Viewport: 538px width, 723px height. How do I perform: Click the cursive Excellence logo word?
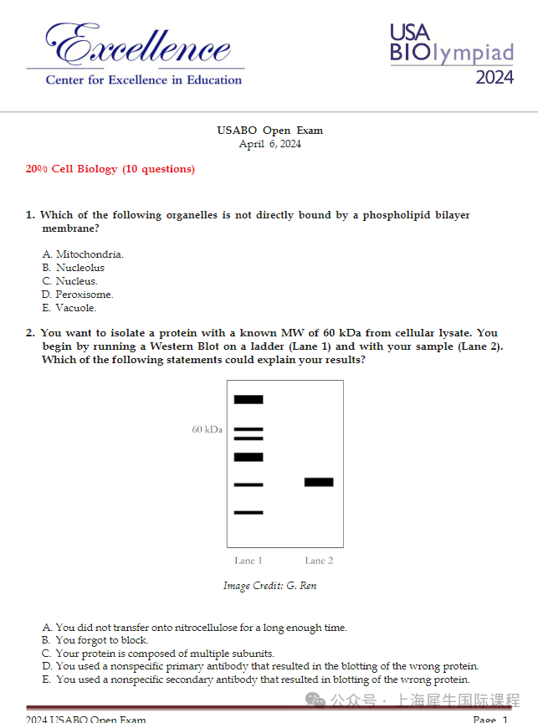[x=138, y=44]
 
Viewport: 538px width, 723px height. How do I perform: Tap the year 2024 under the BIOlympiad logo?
[x=494, y=78]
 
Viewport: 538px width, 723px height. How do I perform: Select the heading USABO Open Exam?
[x=269, y=131]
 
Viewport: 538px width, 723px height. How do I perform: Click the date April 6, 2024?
[x=269, y=144]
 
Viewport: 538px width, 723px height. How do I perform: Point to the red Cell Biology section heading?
[x=110, y=169]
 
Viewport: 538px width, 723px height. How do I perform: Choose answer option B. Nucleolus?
[x=74, y=268]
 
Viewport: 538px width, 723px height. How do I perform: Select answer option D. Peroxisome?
[x=78, y=295]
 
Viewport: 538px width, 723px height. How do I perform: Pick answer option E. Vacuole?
[x=69, y=308]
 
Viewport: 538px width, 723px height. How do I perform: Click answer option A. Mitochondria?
[x=83, y=254]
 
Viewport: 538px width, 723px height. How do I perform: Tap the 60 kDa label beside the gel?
[x=207, y=429]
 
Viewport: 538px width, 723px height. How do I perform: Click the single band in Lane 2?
[x=319, y=482]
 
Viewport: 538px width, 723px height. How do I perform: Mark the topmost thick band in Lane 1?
[x=249, y=399]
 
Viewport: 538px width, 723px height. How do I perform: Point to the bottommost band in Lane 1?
[x=249, y=512]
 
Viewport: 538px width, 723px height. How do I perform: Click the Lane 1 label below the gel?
[x=248, y=561]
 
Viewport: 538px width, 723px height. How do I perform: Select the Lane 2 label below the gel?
[x=319, y=561]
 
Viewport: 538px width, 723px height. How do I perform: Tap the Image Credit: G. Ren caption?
[x=269, y=586]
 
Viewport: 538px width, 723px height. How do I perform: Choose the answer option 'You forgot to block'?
[x=95, y=640]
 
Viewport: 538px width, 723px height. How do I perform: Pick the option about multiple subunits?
[x=158, y=654]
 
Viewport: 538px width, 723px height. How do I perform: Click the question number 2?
[x=30, y=333]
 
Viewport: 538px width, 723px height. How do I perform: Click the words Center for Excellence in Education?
[x=143, y=79]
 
